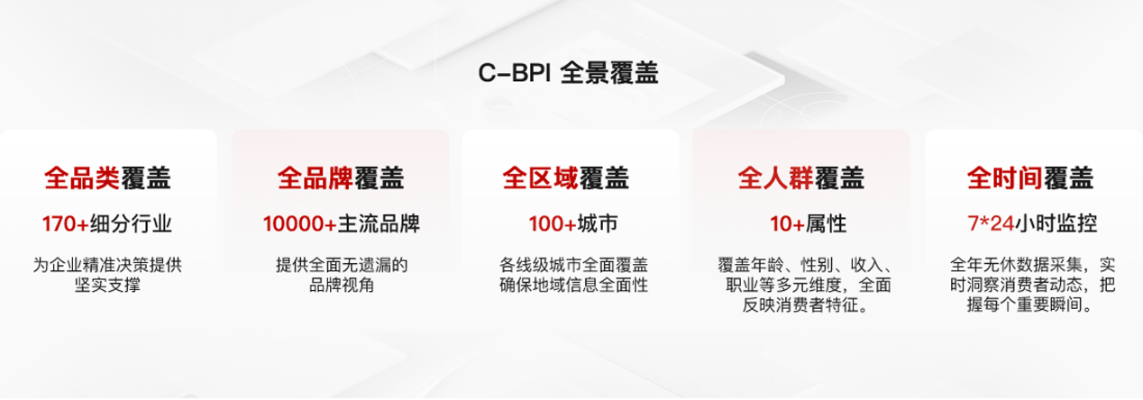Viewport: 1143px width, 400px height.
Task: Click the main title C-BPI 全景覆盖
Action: click(x=568, y=73)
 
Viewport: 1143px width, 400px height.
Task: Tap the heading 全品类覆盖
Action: click(x=107, y=178)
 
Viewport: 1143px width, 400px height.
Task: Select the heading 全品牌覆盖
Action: click(x=341, y=178)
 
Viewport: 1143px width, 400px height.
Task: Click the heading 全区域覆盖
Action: click(x=565, y=178)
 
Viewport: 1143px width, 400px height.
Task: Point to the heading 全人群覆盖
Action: click(x=800, y=178)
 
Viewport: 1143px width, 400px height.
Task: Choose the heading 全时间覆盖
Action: click(x=1029, y=178)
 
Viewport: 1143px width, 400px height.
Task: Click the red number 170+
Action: click(x=65, y=224)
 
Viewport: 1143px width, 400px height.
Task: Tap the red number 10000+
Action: click(x=300, y=224)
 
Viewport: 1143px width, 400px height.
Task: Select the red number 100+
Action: click(x=553, y=224)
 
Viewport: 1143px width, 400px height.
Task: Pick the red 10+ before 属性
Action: click(x=787, y=224)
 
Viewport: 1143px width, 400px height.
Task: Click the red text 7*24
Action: click(x=992, y=223)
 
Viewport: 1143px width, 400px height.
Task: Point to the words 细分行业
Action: click(x=131, y=224)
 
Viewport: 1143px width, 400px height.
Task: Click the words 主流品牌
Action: click(x=379, y=224)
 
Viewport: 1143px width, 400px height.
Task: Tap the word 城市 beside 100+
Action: click(x=598, y=224)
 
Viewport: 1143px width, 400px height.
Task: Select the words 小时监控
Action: click(x=1056, y=223)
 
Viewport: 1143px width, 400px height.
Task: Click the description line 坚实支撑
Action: click(x=107, y=285)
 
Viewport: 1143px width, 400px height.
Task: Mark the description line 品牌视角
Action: click(x=342, y=285)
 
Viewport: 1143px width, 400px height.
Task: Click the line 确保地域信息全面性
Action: click(x=573, y=285)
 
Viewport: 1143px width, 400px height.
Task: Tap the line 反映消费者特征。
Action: click(x=805, y=305)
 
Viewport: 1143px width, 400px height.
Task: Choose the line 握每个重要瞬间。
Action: click(x=1029, y=305)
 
